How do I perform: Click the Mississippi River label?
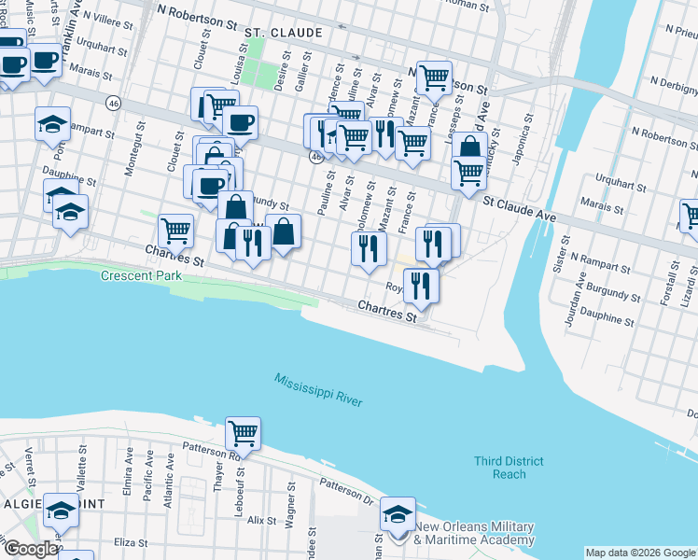pyautogui.click(x=317, y=389)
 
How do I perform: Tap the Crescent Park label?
pyautogui.click(x=135, y=277)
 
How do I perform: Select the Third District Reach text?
pyautogui.click(x=509, y=468)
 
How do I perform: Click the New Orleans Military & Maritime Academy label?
pyautogui.click(x=474, y=533)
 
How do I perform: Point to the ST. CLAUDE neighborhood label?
pyautogui.click(x=284, y=33)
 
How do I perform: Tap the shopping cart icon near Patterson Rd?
pyautogui.click(x=243, y=433)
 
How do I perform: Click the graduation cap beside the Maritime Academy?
pyautogui.click(x=398, y=513)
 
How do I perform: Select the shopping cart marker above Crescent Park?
pyautogui.click(x=175, y=229)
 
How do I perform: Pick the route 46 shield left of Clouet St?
pyautogui.click(x=114, y=101)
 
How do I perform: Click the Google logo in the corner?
pyautogui.click(x=31, y=549)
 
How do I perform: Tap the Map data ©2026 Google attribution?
pyautogui.click(x=640, y=553)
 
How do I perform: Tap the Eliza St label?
pyautogui.click(x=129, y=542)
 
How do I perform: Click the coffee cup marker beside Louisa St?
pyautogui.click(x=240, y=121)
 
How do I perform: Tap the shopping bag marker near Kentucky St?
pyautogui.click(x=469, y=147)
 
